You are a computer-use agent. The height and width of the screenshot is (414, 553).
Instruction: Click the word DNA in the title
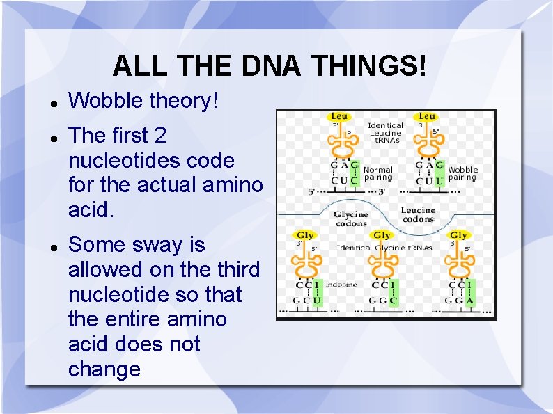273,67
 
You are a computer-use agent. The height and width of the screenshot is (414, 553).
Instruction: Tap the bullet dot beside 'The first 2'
53,136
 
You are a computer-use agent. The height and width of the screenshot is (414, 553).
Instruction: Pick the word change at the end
104,369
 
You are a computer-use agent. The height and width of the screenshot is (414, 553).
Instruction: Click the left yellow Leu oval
339,116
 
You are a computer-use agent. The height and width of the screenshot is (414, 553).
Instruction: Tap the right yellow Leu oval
427,116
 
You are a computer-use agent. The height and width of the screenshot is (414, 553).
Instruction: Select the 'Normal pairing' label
378,173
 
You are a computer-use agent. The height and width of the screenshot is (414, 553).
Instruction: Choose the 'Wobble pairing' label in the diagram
462,173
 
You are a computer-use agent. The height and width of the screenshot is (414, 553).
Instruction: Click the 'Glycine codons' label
350,219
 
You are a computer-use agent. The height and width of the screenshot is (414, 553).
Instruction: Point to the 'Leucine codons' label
418,214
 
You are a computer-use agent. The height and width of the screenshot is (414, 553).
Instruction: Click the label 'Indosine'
341,284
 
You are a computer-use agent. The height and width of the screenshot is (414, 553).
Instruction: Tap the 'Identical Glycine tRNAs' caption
384,248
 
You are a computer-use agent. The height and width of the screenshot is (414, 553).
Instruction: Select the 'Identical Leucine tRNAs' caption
385,133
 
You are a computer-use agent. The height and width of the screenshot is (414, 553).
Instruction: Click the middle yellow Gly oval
382,236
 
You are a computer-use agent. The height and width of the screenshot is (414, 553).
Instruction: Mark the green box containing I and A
470,294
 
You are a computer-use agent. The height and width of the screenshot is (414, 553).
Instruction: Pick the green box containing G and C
355,174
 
